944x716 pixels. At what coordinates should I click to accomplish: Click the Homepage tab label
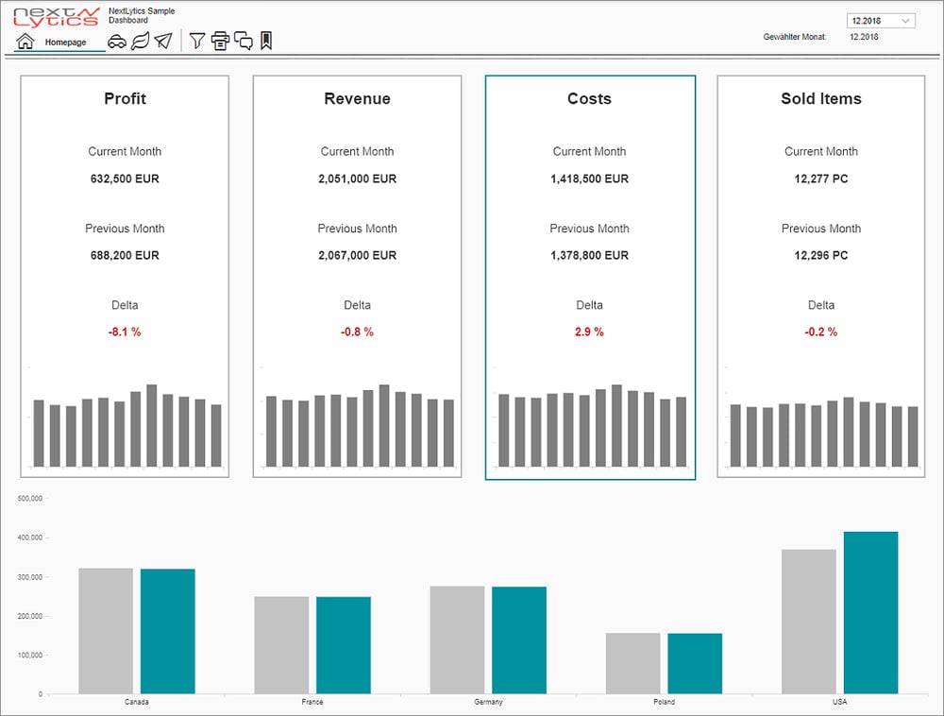(65, 43)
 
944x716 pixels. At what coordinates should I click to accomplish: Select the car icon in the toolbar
(117, 41)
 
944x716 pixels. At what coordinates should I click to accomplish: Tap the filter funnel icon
(197, 41)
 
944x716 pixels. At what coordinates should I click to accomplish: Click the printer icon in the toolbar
(220, 41)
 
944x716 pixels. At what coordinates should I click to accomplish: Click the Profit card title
(125, 98)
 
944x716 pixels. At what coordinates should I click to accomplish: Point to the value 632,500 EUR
(125, 179)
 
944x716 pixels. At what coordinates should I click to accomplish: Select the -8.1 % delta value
(125, 332)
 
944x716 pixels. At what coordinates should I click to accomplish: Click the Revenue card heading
(357, 98)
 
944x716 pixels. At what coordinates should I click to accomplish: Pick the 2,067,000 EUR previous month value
(357, 255)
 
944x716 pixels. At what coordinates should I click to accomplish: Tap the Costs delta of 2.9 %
(589, 332)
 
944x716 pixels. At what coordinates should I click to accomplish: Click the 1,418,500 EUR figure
(589, 179)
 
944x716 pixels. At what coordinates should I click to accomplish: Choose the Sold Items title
(820, 98)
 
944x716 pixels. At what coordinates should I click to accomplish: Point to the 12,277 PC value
(820, 179)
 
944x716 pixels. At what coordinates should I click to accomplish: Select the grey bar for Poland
(632, 663)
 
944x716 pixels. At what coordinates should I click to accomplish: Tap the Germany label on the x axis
(488, 703)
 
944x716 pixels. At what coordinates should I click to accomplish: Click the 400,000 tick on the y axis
(30, 537)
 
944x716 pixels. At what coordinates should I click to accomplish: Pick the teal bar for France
(343, 645)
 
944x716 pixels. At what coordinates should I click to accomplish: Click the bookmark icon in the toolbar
(266, 41)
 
